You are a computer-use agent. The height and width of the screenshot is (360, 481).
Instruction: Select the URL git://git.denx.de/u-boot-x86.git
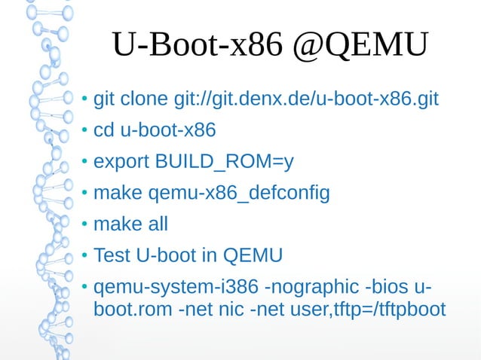[305, 99]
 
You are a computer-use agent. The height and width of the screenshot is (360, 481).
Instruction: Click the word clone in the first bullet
[144, 99]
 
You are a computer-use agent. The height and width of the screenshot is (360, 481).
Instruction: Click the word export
[121, 162]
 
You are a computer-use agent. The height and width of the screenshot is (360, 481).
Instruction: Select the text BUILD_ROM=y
[224, 162]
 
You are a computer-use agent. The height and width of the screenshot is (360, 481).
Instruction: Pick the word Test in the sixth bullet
[112, 256]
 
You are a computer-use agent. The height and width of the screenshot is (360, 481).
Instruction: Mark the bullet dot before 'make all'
[85, 225]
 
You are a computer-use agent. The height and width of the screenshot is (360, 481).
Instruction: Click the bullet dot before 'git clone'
[85, 100]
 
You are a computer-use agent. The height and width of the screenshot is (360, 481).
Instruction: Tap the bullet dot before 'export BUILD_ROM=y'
[85, 163]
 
